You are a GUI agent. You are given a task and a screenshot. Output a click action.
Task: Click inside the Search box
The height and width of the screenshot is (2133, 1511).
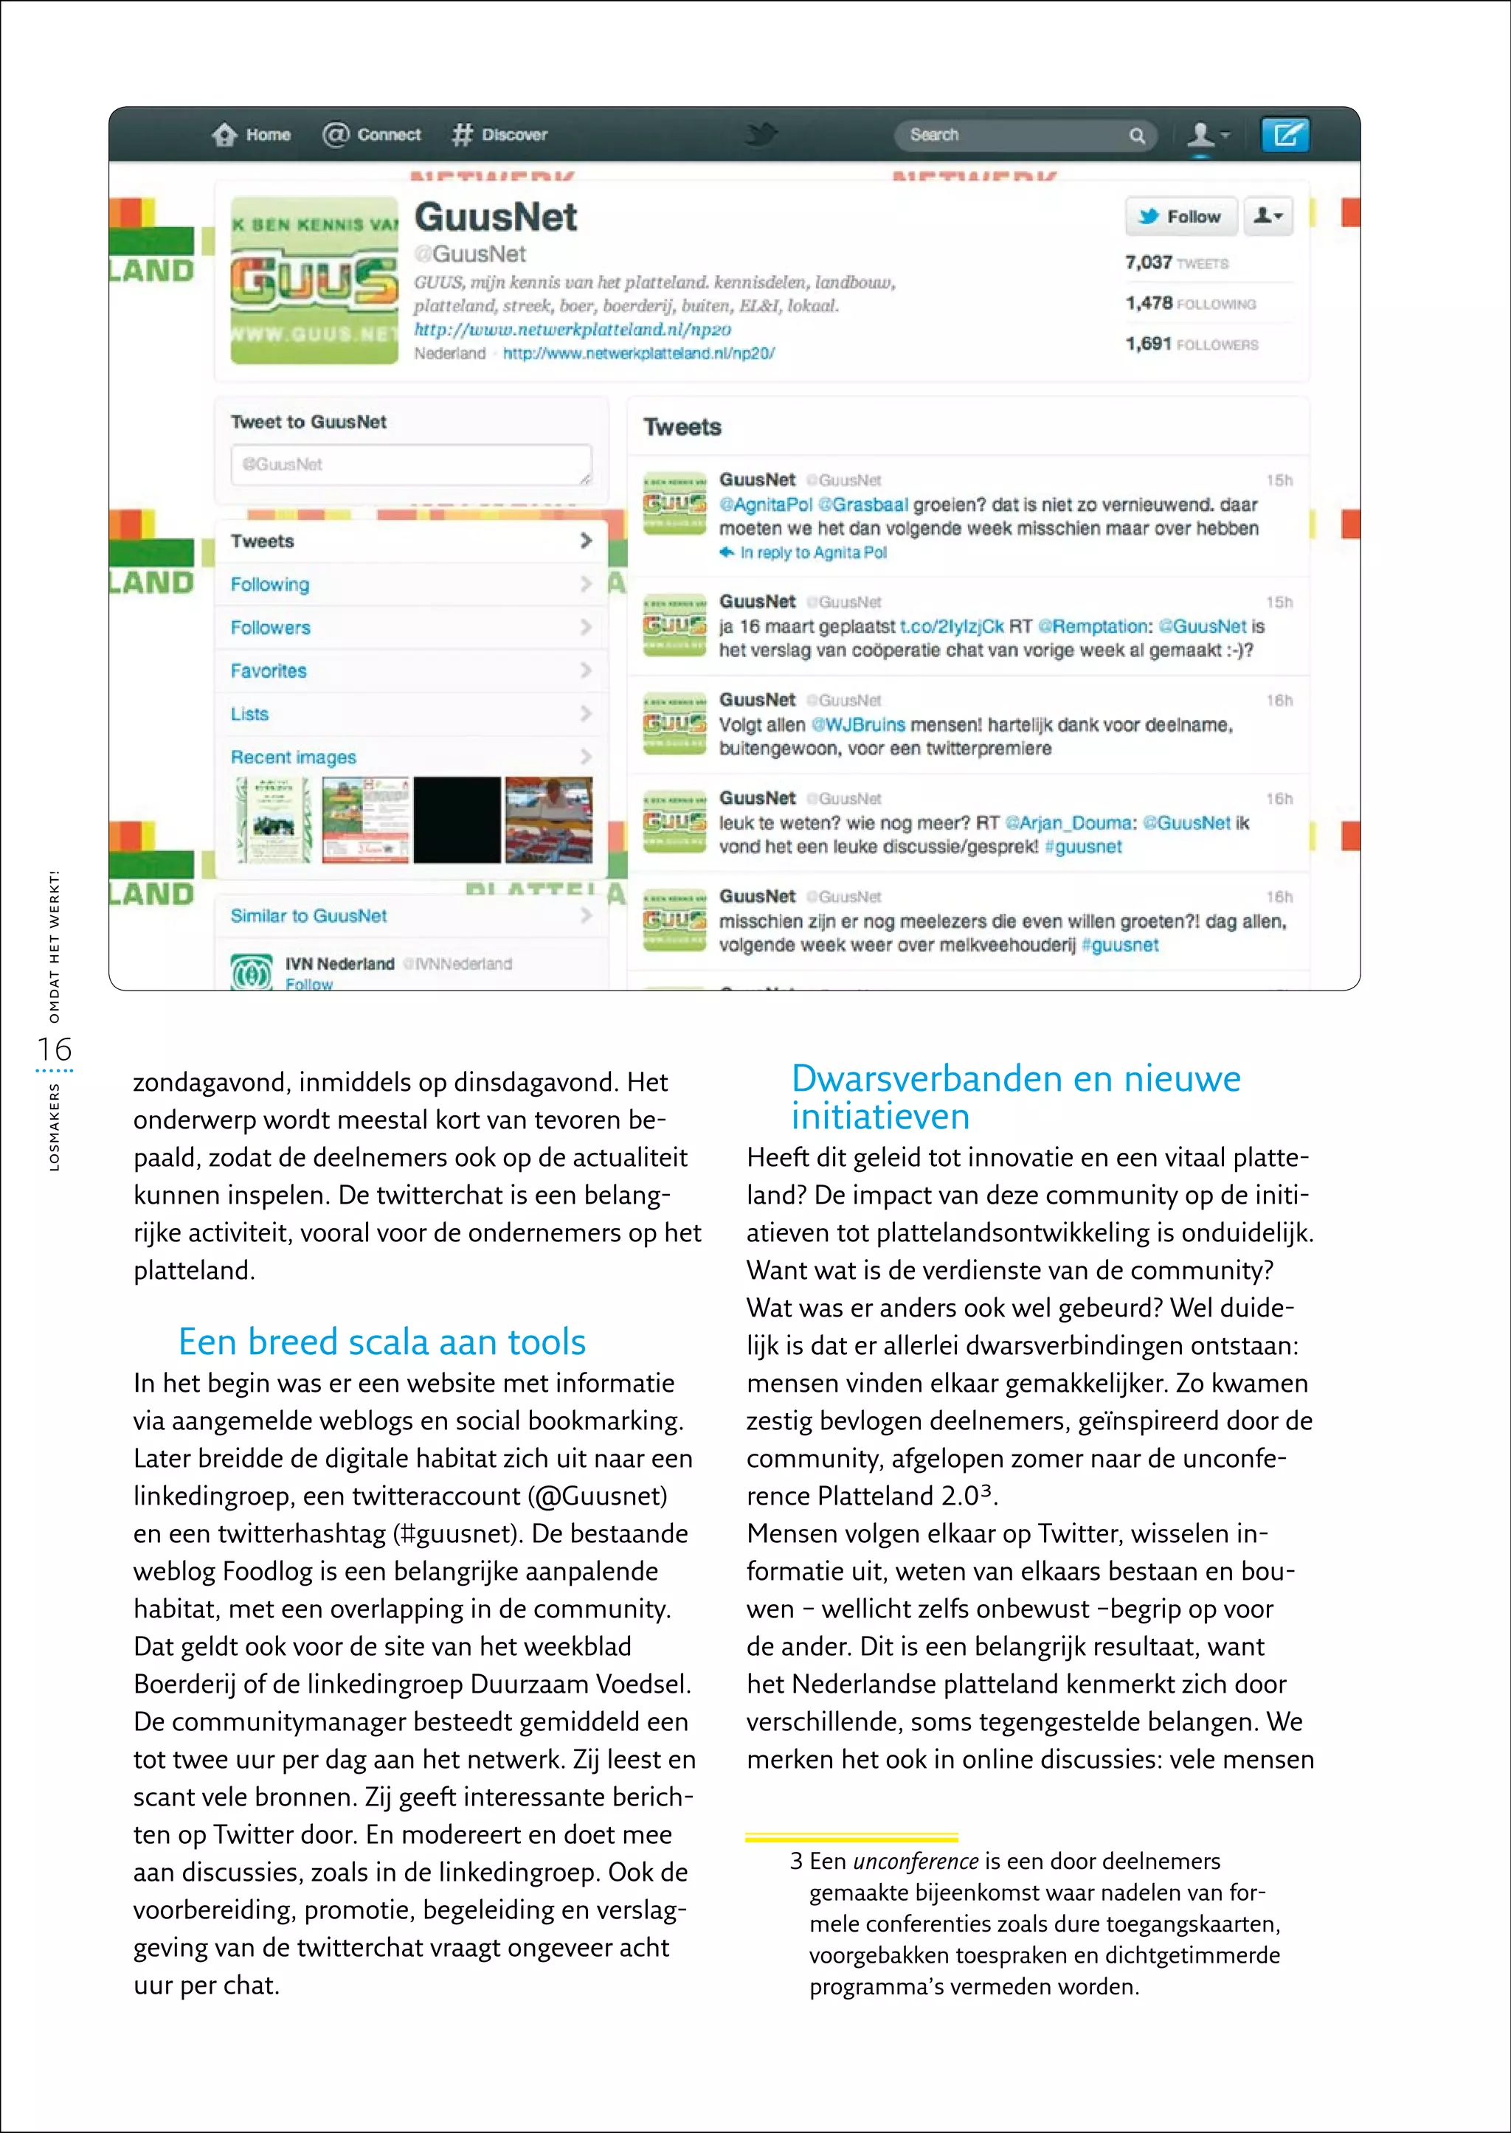[1014, 136]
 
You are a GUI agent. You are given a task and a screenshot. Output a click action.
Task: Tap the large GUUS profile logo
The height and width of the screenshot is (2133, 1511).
[314, 280]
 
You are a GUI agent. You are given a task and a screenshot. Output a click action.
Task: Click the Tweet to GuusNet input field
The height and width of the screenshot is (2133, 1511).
[410, 464]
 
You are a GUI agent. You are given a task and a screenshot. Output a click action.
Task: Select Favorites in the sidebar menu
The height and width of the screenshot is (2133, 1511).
[269, 670]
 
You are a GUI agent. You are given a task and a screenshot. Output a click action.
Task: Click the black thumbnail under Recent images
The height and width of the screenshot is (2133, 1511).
[457, 820]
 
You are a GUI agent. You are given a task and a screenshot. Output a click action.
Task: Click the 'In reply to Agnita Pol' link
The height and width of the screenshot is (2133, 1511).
[812, 552]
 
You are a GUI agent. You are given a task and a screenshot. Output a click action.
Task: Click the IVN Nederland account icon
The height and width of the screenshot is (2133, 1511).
[251, 971]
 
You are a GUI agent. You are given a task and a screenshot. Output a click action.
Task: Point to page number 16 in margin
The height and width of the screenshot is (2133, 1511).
[54, 1050]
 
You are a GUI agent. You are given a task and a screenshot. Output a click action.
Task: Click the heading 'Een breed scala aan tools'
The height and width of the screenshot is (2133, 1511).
[381, 1342]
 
